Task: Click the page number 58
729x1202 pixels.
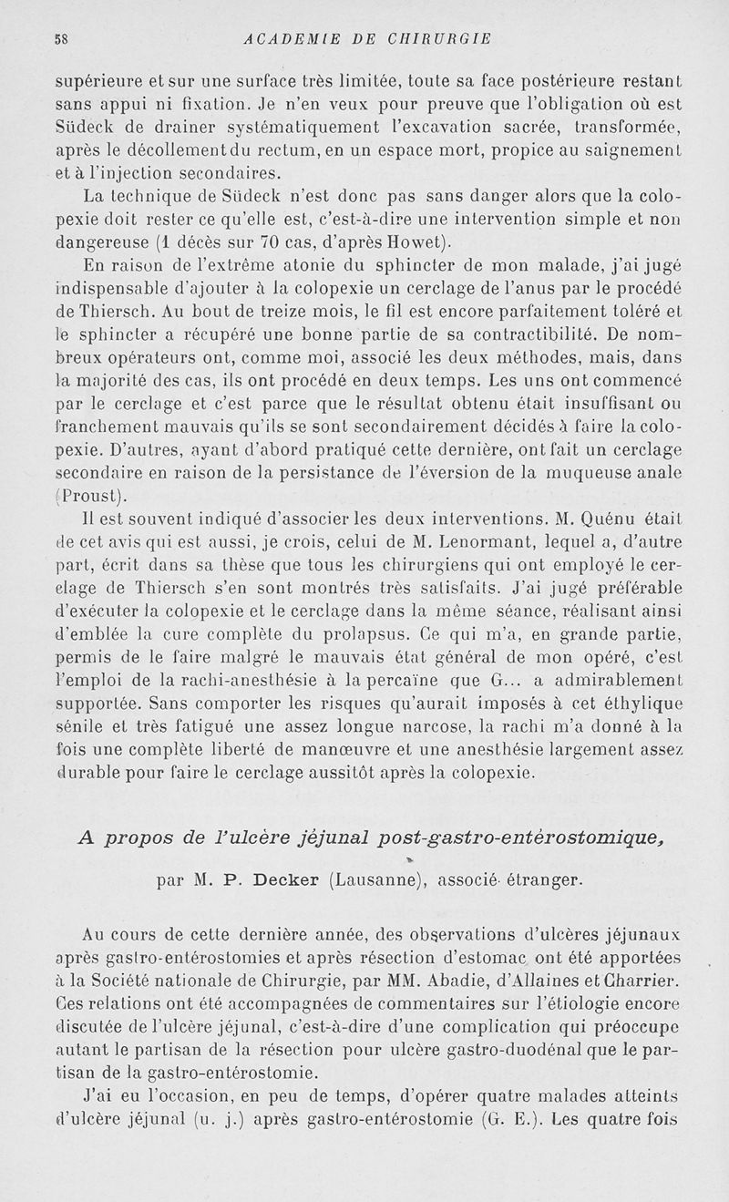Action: (62, 38)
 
